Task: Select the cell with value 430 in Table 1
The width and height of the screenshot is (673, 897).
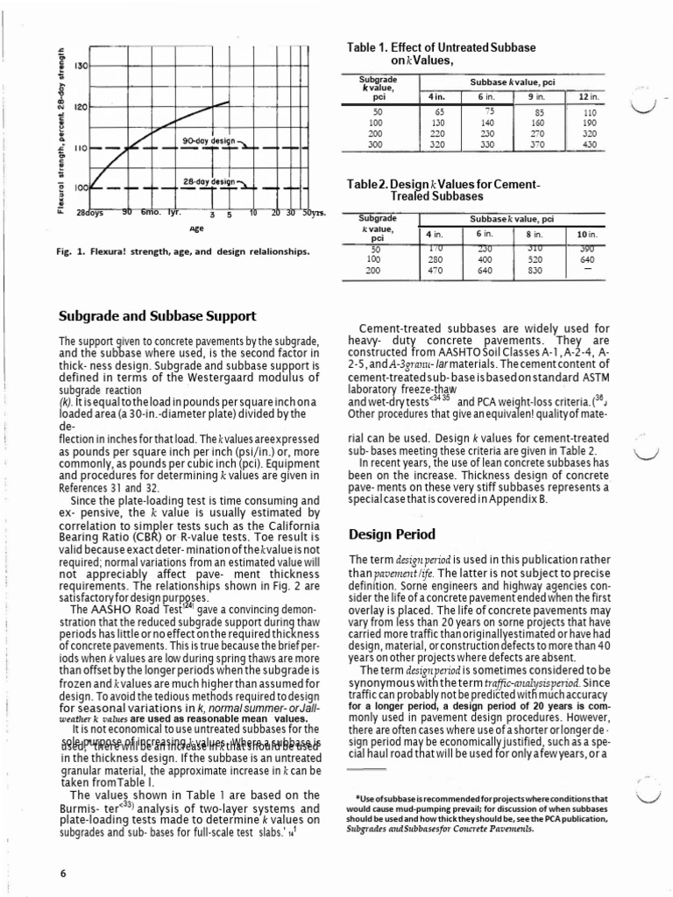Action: point(589,145)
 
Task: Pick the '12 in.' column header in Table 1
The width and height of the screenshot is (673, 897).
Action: point(589,95)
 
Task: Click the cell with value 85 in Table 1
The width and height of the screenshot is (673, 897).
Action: point(540,112)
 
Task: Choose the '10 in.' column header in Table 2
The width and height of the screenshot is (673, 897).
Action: point(586,234)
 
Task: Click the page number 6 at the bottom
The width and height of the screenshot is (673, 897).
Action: point(63,873)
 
